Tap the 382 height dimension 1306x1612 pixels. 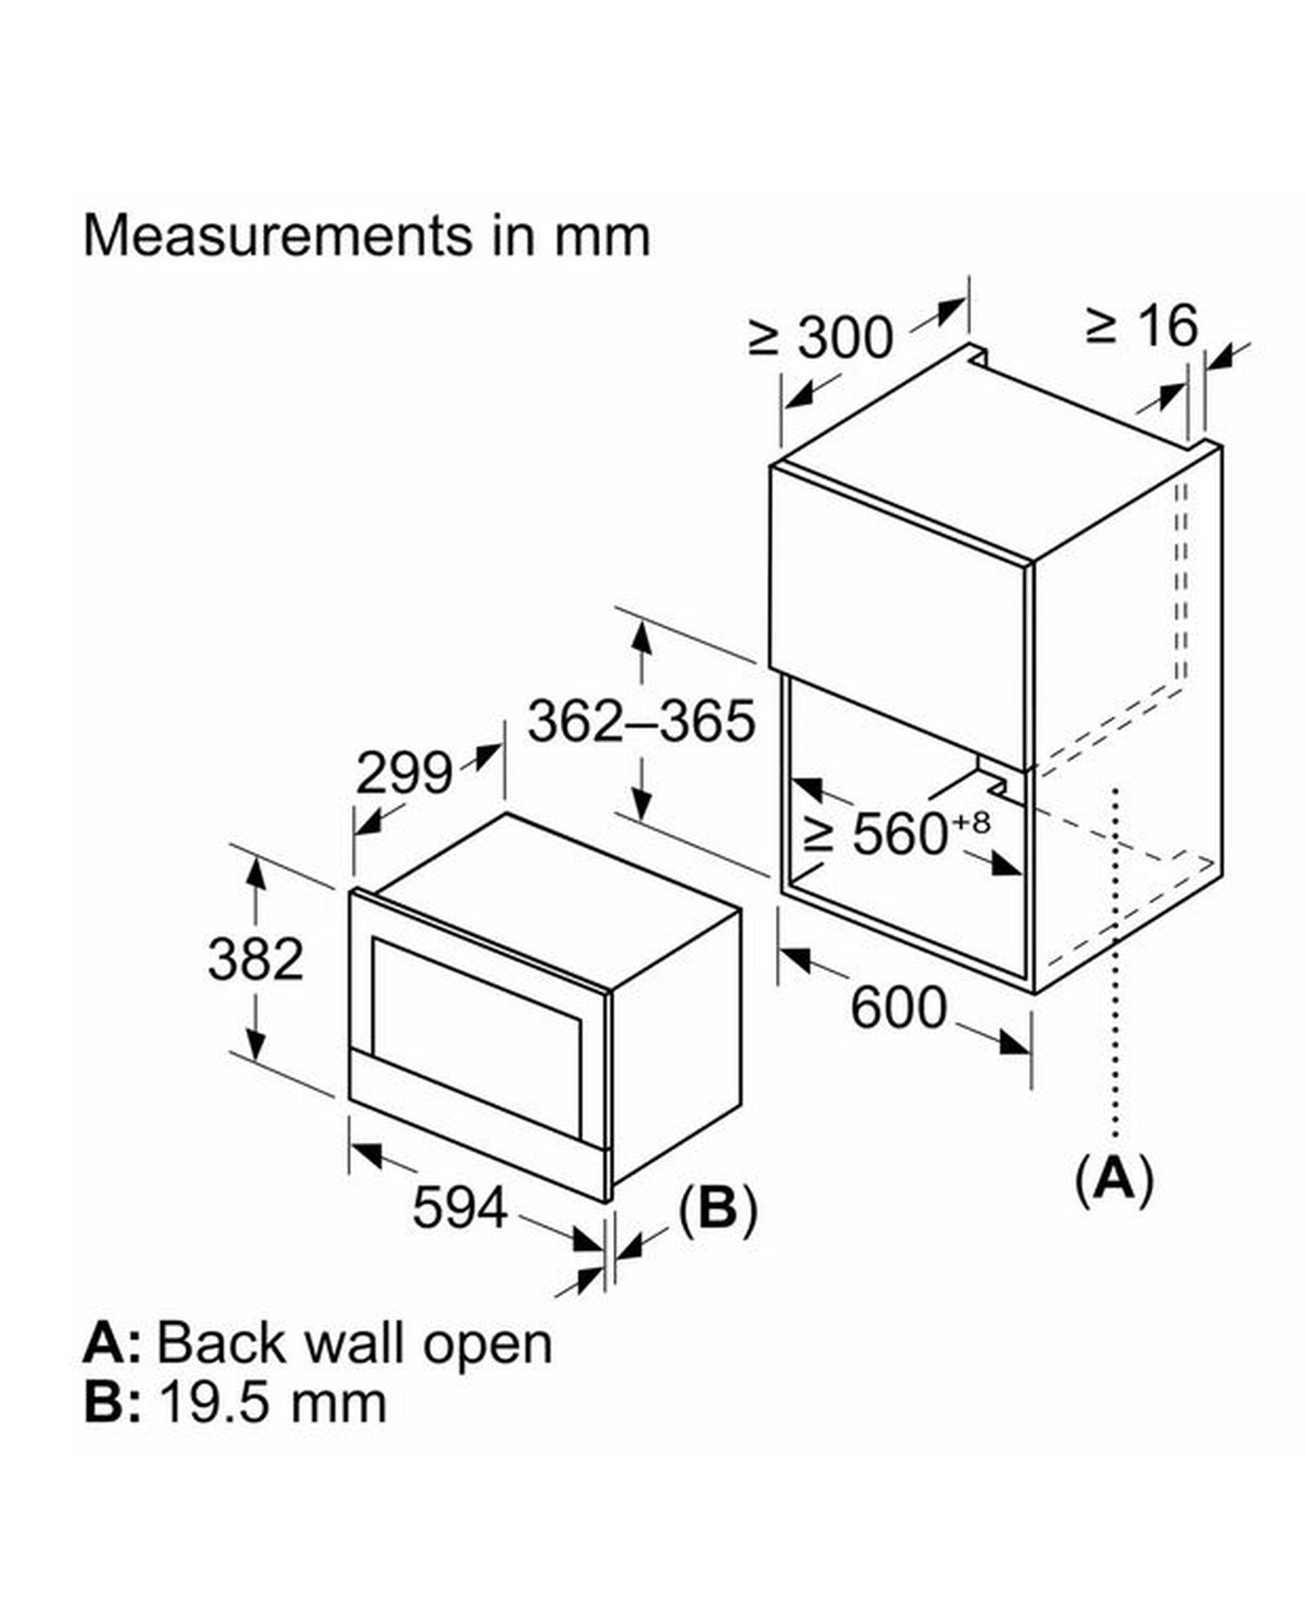click(x=256, y=960)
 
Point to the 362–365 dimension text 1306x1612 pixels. click(x=641, y=721)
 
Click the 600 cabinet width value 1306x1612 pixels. click(x=899, y=1008)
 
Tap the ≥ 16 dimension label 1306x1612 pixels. click(x=1142, y=326)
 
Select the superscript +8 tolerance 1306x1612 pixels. click(x=972, y=822)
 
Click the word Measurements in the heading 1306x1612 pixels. click(x=277, y=236)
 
